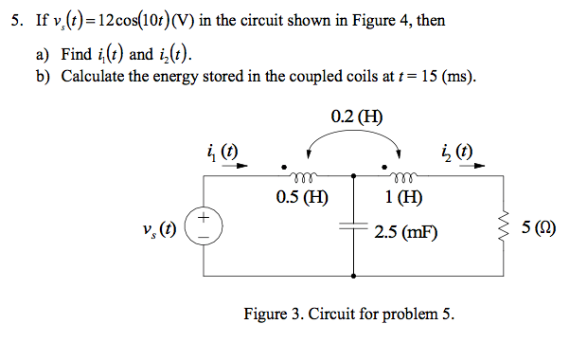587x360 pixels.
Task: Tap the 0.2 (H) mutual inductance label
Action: click(x=357, y=118)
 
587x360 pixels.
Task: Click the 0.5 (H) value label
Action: click(x=302, y=198)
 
